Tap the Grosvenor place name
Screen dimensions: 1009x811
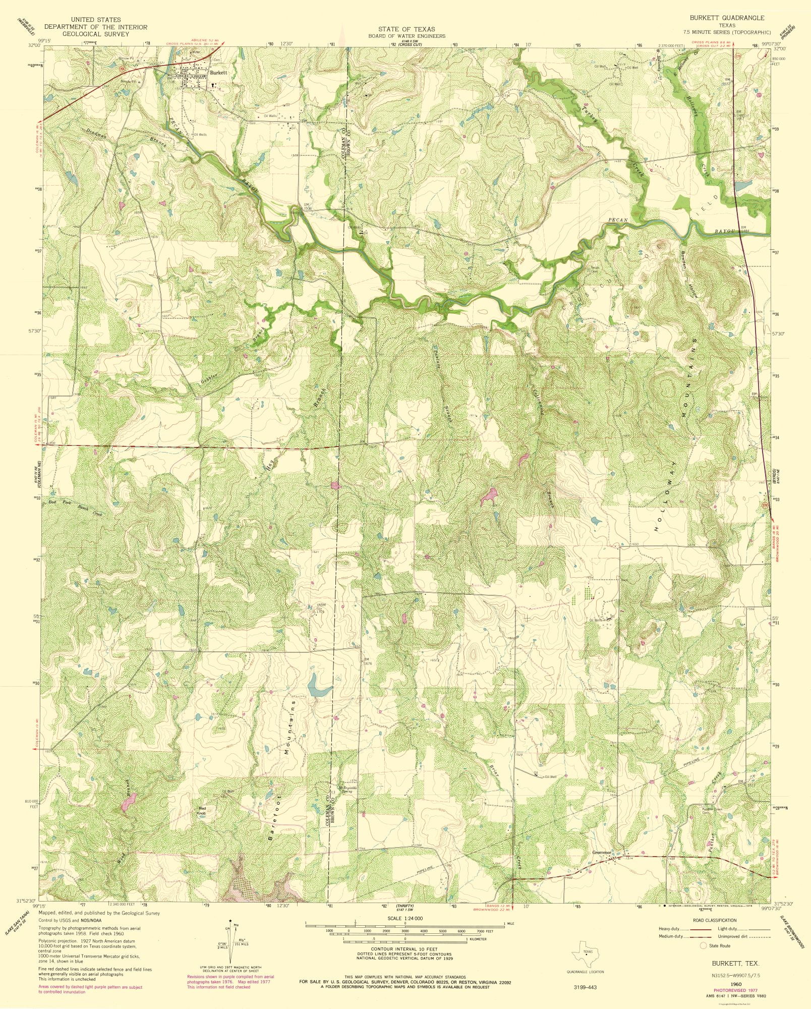[601, 853]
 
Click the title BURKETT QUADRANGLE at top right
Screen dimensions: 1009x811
[727, 18]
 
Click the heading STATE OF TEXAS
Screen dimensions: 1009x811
[406, 29]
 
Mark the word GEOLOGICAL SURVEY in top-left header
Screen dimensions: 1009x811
[95, 34]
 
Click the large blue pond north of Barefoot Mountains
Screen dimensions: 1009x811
[317, 685]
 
